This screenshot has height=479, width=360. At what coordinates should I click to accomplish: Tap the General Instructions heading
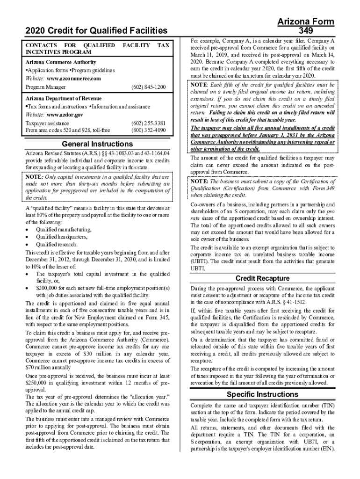point(97,144)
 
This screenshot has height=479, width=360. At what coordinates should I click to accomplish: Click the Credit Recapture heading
point(262,278)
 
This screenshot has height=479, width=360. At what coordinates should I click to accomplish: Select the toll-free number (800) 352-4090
point(149,130)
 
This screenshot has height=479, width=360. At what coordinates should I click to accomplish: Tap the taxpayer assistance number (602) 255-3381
point(149,123)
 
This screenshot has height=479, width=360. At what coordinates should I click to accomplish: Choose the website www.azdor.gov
point(65,115)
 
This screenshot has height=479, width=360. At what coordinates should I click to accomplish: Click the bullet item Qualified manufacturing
point(64,230)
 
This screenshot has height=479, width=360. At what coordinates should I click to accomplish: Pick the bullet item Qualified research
point(57,245)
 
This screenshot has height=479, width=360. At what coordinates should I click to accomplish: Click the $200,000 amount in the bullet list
point(48,288)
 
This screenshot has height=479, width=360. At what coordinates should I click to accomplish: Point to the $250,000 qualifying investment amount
point(37,382)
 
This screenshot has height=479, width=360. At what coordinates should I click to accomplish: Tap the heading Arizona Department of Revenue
point(63,99)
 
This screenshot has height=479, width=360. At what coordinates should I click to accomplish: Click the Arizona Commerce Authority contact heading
point(61,62)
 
